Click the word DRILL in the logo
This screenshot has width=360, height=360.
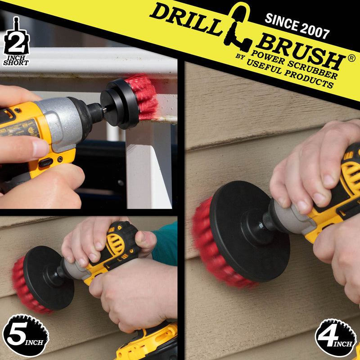pos(186,19)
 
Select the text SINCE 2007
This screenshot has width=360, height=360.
pos(297,26)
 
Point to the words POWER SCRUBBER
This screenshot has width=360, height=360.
pos(294,65)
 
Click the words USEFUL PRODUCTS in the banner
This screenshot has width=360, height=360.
pos(290,74)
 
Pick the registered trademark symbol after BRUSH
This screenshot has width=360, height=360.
pos(351,58)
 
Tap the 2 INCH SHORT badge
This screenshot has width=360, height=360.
pos(16,41)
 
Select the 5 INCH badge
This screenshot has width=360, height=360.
pos(25,335)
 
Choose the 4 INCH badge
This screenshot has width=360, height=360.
pos(336,337)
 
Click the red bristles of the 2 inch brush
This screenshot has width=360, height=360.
pos(143,98)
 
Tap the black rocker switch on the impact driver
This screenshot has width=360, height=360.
pos(46,162)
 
